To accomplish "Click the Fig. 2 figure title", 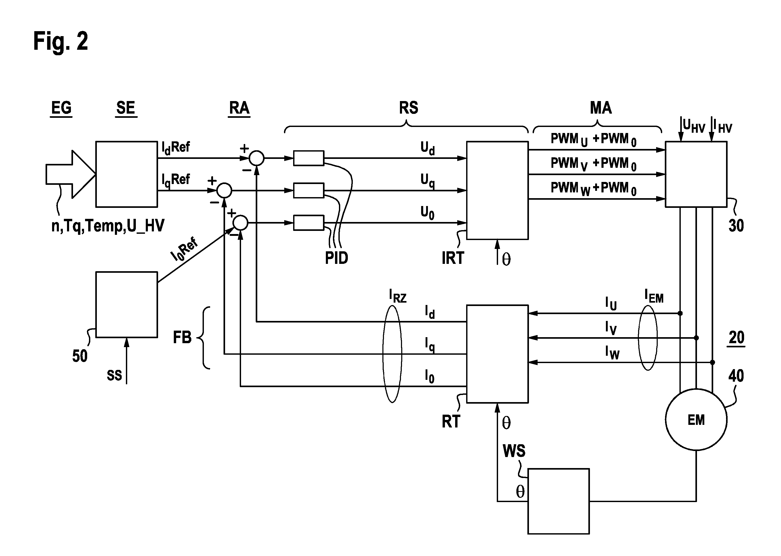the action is [60, 41].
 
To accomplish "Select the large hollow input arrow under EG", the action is [70, 174].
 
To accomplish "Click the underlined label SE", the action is [126, 108].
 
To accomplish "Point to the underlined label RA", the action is [239, 108].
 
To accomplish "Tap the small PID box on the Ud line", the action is [309, 158].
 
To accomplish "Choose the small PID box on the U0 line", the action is [309, 223].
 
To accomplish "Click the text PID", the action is [336, 258].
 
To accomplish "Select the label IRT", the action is [453, 258].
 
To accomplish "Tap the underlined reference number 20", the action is [737, 338].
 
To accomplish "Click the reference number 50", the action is [80, 356].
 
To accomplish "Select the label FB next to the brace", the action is [182, 338].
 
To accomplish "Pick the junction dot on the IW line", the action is [712, 362].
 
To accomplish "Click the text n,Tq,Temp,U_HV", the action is [108, 226].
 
